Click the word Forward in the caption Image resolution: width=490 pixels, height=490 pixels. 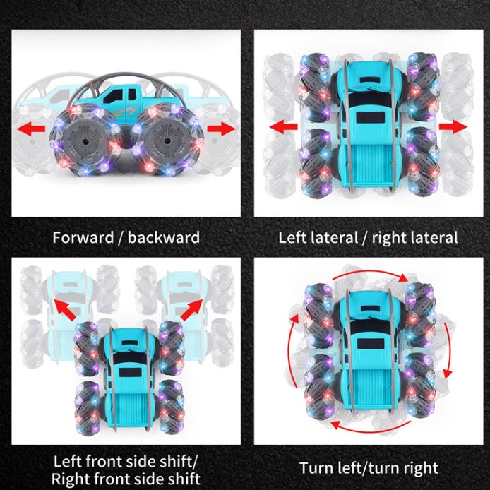[x=83, y=237]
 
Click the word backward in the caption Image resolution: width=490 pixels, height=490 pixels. [x=163, y=237]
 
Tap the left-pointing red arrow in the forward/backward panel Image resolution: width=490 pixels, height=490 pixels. [x=31, y=129]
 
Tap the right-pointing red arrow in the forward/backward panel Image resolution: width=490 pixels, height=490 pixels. [x=221, y=129]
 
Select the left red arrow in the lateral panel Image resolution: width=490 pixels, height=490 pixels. [x=283, y=127]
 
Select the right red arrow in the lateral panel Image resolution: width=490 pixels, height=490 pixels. [x=453, y=126]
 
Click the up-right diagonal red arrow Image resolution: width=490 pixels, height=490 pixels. [x=191, y=309]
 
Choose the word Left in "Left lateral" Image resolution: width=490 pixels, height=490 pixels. [x=293, y=237]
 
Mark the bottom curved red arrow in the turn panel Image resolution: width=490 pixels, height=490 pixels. [x=371, y=427]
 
